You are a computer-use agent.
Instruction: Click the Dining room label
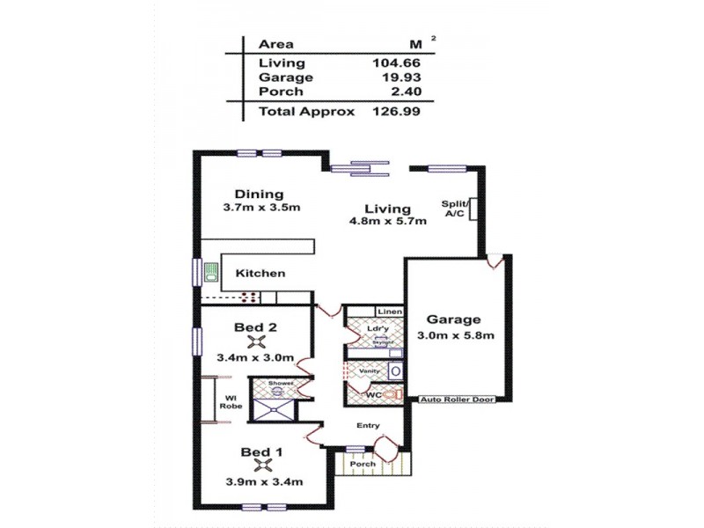tap(259, 194)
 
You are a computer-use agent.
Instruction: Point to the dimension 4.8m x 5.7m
tap(387, 222)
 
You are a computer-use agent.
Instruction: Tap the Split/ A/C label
tap(454, 209)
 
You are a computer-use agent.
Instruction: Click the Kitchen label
tap(260, 273)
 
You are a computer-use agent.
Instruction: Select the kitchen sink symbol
tap(211, 273)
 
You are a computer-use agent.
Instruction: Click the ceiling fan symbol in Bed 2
tap(256, 342)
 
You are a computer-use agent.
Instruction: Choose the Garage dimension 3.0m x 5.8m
tap(454, 335)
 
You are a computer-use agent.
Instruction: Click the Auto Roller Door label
tap(457, 400)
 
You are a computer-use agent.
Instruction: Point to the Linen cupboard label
tap(389, 312)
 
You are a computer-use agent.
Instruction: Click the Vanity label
tap(369, 371)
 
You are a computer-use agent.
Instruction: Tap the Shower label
tap(280, 384)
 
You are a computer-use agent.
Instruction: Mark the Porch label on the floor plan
tap(363, 464)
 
